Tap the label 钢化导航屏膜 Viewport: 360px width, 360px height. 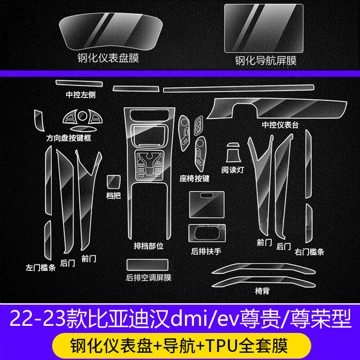265,60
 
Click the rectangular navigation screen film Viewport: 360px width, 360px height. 265,28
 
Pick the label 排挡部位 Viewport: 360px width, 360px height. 147,247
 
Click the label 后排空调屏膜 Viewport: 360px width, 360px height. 148,278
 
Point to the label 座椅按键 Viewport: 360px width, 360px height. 194,178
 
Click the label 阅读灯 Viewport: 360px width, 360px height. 233,170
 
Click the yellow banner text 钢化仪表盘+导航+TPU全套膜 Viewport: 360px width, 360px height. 180,346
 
